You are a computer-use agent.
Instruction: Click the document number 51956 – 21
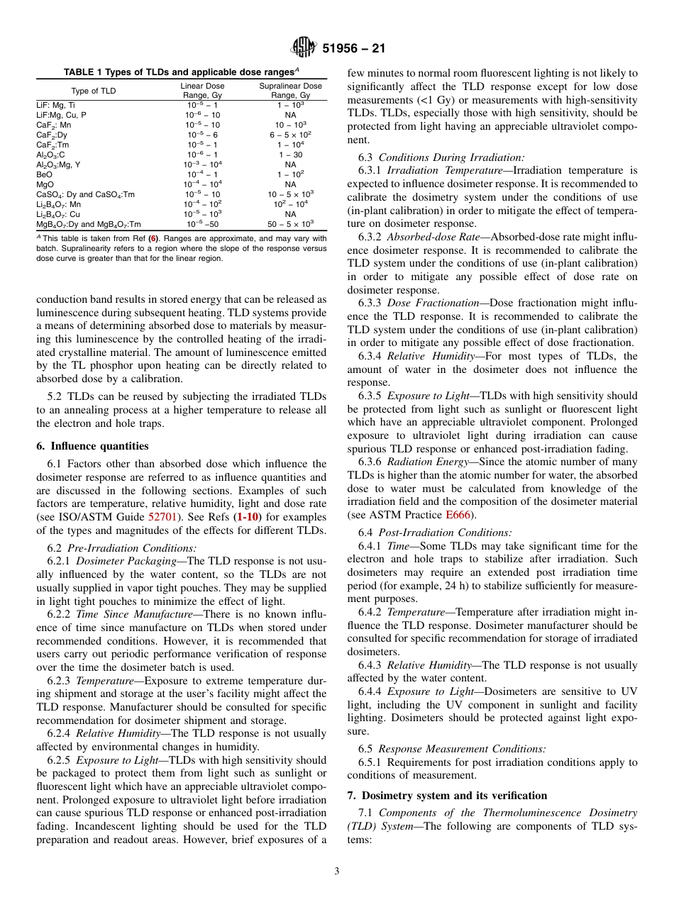[354, 49]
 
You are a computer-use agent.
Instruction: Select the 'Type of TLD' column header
[93, 91]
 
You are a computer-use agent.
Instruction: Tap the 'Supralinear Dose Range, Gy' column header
[290, 91]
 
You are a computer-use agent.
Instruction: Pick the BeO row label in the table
[44, 174]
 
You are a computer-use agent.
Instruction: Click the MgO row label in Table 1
[45, 184]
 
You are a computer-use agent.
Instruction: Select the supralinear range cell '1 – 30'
[290, 154]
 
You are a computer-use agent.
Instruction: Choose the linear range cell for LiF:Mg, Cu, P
[202, 114]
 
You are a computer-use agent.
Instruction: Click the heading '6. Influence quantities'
[92, 446]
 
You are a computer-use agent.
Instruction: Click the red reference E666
[458, 514]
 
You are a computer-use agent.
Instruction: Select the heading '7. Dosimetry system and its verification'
[447, 795]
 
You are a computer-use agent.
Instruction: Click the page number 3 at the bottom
[336, 872]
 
